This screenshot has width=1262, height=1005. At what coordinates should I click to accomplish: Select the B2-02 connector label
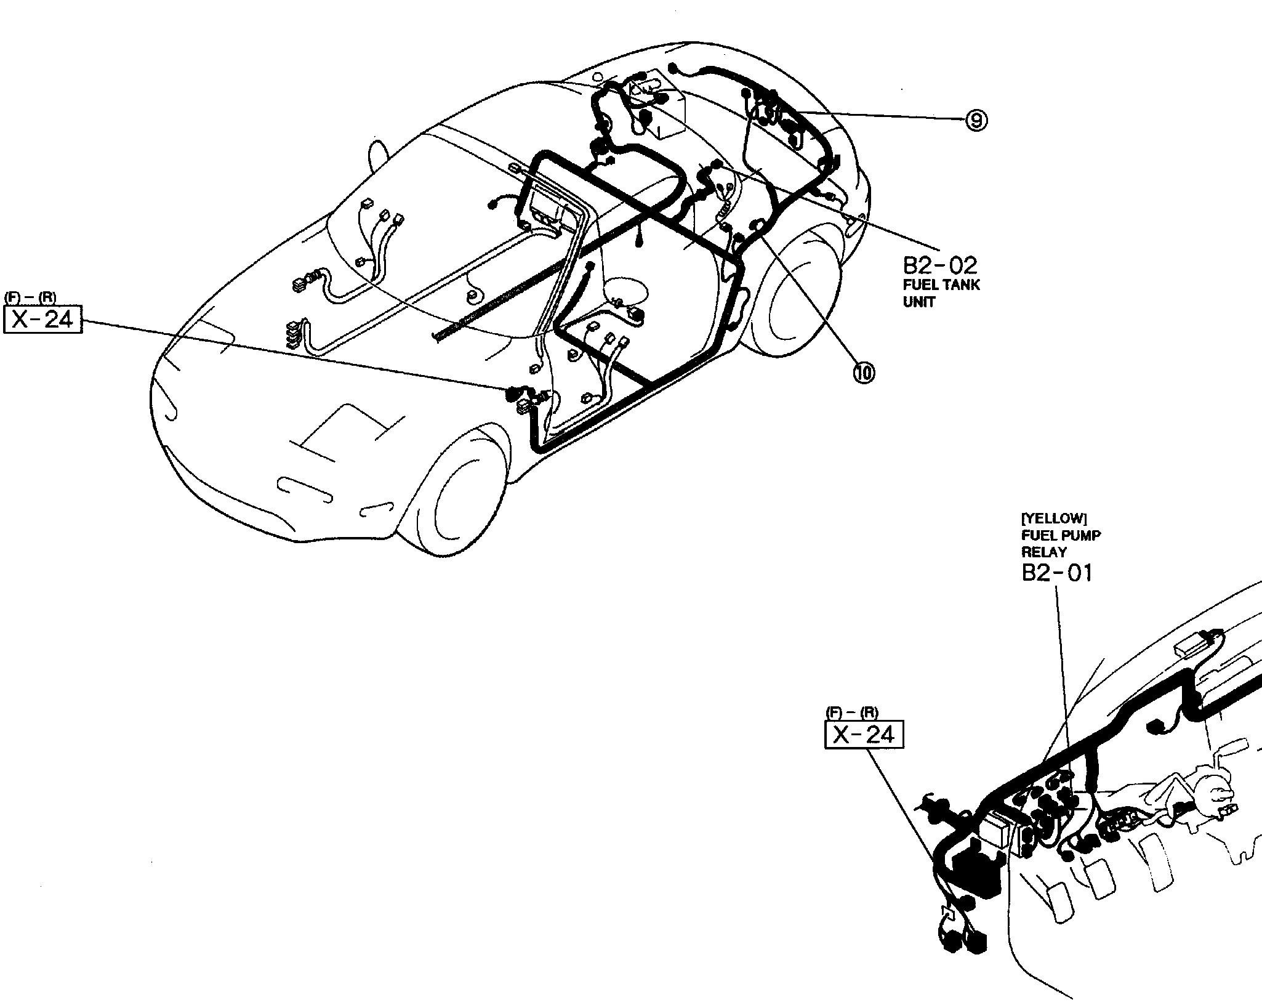point(939,265)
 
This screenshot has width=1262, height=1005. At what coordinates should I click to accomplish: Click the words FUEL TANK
point(941,285)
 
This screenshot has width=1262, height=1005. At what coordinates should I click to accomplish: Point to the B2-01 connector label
point(1057,573)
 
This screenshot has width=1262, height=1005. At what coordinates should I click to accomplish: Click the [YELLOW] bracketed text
point(1048,519)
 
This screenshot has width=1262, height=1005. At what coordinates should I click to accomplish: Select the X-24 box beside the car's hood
point(43,320)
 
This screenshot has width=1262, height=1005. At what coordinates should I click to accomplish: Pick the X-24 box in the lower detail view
point(864,735)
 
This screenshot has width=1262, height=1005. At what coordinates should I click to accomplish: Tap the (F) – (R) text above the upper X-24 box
point(30,298)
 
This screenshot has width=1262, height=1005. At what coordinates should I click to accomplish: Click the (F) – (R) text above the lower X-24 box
point(852,713)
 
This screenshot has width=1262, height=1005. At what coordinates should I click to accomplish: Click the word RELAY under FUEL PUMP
point(1044,552)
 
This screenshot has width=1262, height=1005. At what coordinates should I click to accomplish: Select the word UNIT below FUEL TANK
point(919,302)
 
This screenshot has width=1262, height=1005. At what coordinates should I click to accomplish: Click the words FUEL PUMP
point(1061,535)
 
